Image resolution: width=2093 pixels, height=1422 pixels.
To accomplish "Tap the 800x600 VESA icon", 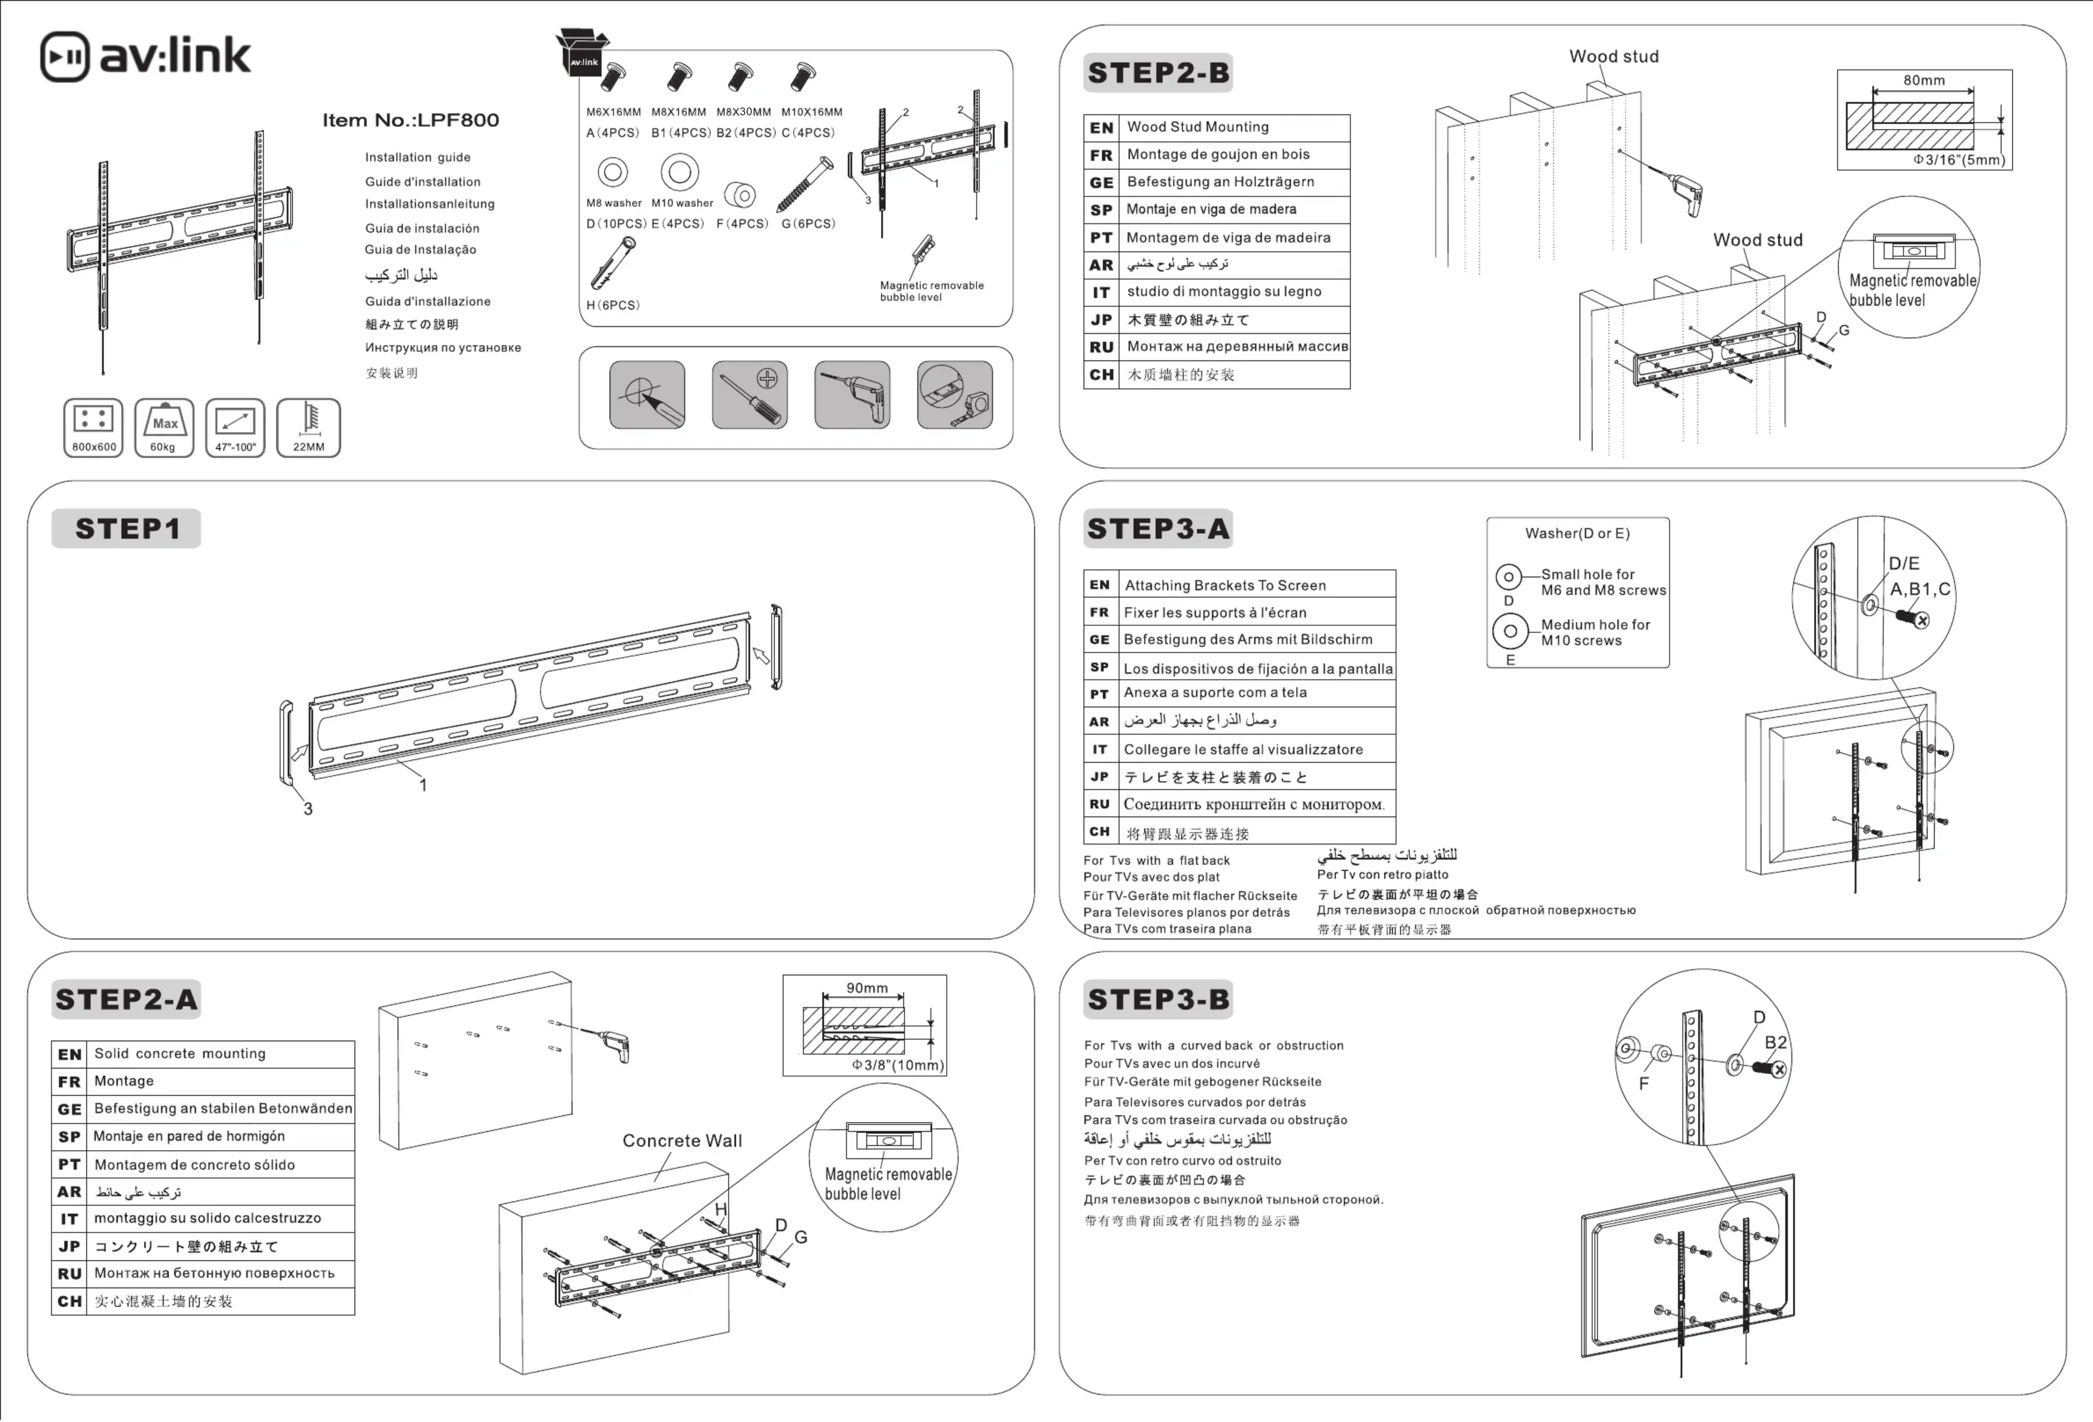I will point(94,427).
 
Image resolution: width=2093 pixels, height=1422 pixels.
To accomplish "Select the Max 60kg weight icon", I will point(164,427).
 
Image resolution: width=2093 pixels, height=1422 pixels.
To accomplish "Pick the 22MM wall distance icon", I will point(308,427).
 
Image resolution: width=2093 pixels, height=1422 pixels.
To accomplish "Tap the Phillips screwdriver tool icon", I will point(749,395).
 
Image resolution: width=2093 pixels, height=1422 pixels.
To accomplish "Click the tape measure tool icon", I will point(955,395).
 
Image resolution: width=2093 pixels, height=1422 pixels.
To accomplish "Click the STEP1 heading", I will point(127,528).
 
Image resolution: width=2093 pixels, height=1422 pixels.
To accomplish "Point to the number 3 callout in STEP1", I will point(308,809).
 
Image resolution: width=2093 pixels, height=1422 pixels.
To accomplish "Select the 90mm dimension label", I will point(866,988).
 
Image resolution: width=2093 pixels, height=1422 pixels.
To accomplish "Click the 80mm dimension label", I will point(1924,80).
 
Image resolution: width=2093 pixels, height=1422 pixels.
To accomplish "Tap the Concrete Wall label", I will point(682,1140).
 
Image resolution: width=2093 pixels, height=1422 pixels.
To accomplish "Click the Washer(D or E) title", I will point(1577,533).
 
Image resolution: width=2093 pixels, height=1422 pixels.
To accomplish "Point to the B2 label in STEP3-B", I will point(1775,1042).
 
